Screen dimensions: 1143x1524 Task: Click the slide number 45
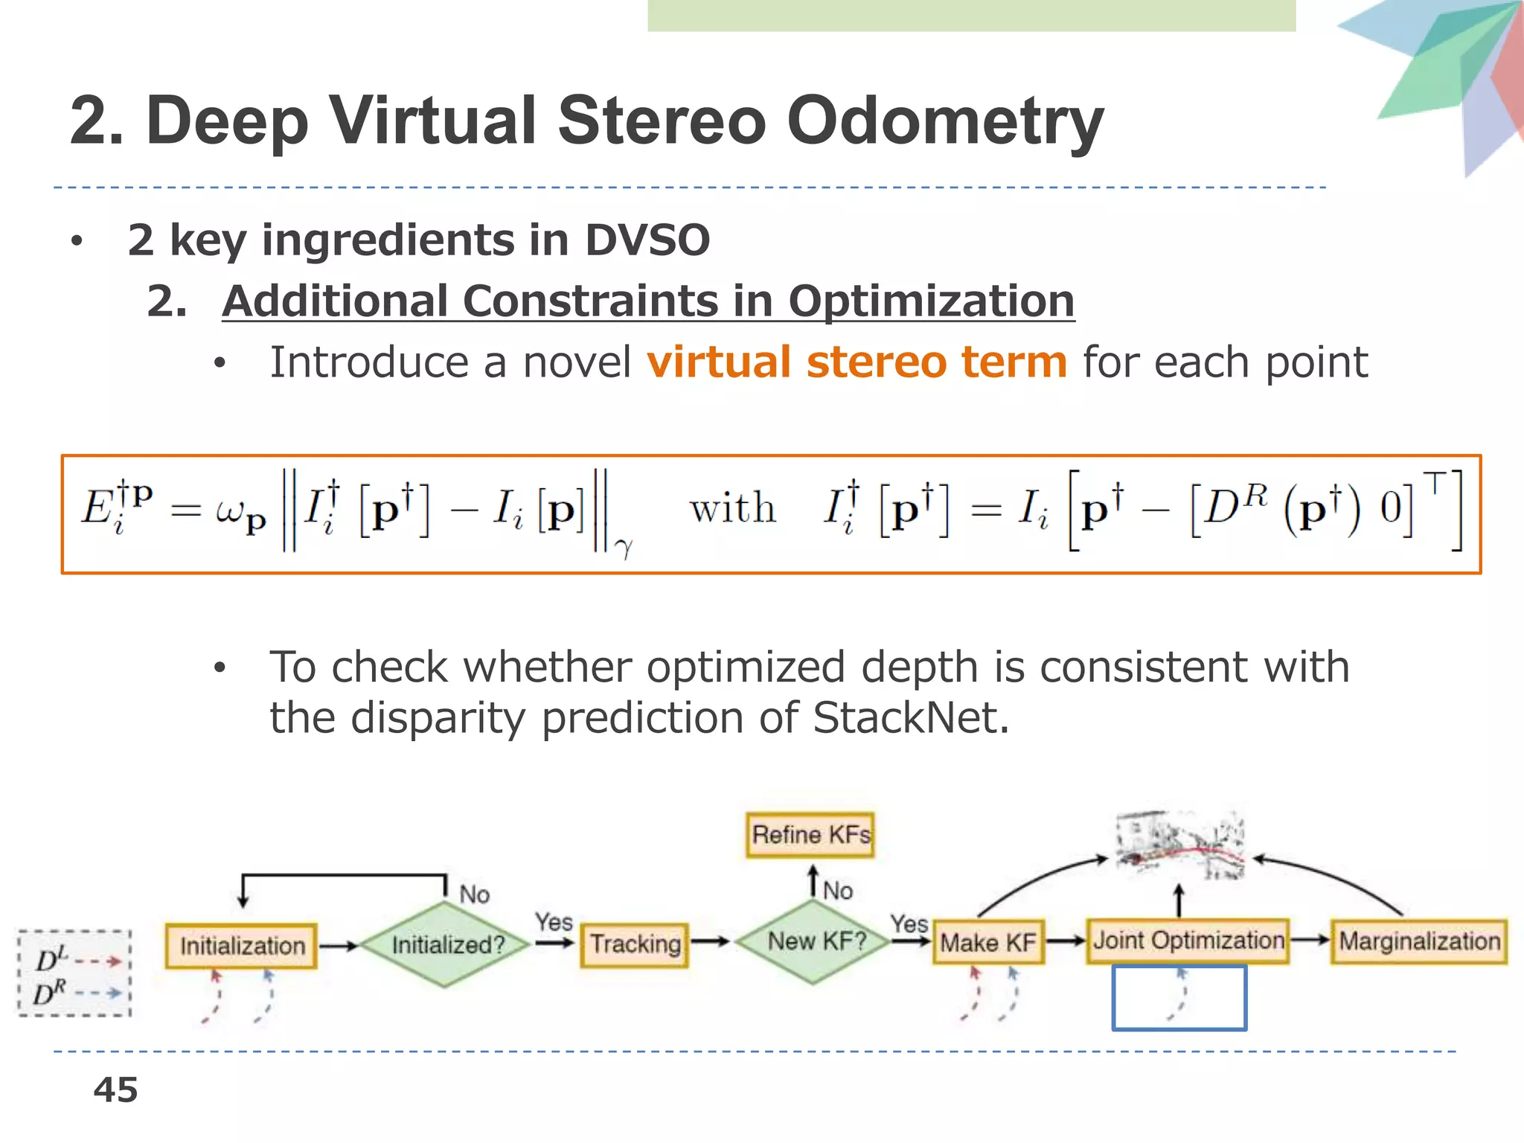click(115, 1090)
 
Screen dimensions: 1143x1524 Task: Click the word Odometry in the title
click(945, 121)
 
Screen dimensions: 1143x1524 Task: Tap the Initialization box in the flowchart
click(242, 946)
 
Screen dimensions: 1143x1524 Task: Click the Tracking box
click(635, 944)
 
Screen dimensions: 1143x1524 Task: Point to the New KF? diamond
click(816, 941)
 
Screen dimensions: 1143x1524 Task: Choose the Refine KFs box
click(810, 835)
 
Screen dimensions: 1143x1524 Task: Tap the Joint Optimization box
click(1188, 941)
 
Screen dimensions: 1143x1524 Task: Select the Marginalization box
click(1419, 941)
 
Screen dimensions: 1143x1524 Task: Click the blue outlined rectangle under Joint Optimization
click(1179, 998)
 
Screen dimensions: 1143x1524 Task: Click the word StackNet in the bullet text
click(910, 718)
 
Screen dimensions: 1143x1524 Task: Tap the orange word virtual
click(718, 362)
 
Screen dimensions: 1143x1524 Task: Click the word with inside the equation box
click(733, 509)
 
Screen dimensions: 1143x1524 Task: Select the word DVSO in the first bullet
click(647, 240)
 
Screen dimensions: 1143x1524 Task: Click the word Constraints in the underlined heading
click(592, 301)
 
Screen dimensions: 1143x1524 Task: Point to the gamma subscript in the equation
click(624, 548)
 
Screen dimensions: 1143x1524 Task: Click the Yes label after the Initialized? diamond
click(554, 922)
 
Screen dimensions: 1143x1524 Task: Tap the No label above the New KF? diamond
click(838, 891)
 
